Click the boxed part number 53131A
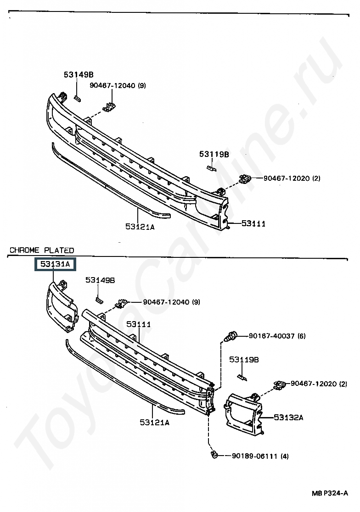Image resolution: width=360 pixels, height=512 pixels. tap(55, 264)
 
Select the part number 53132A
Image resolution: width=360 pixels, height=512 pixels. tap(288, 417)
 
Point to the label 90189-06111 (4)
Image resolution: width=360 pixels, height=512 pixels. tap(260, 456)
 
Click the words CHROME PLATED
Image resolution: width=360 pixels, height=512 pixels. tap(42, 250)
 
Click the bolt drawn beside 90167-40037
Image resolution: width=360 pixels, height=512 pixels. tap(231, 336)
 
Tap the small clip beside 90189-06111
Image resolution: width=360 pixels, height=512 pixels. tap(214, 455)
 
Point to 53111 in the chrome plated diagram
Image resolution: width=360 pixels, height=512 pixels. tap(139, 324)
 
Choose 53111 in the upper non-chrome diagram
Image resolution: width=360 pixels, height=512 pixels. tap(253, 223)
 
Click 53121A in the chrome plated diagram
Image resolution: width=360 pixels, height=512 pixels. tap(154, 422)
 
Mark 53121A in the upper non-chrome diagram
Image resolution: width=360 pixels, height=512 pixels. tap(140, 226)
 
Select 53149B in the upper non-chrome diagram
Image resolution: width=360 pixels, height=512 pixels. tap(79, 75)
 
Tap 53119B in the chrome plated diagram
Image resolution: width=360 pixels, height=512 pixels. tap(244, 360)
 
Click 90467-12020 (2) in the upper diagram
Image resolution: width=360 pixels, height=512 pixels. tap(292, 178)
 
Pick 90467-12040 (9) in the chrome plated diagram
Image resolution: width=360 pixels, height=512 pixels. tap(171, 302)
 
